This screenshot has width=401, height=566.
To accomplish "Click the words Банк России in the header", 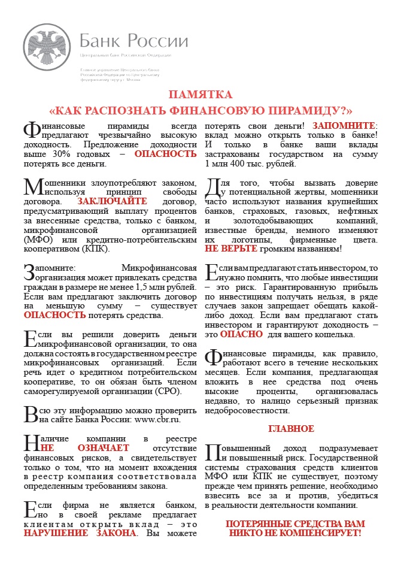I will pyautogui.click(x=133, y=41).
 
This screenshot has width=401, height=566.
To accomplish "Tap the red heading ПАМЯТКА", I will pyautogui.click(x=200, y=95).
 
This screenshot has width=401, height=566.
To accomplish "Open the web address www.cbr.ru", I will pyautogui.click(x=159, y=420).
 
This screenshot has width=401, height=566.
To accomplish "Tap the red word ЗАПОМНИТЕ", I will pyautogui.click(x=342, y=126).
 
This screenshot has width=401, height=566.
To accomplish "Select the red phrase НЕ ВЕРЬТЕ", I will pyautogui.click(x=230, y=249).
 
